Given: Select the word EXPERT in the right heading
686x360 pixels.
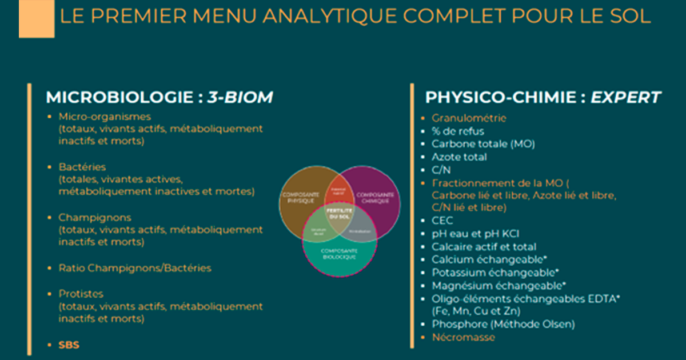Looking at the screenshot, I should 626,98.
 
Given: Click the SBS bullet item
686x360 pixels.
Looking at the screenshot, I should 69,345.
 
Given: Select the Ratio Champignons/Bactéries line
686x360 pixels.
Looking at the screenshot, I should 135,267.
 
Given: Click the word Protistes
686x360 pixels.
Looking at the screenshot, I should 81,294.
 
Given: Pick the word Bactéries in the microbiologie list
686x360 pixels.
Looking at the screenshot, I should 82,167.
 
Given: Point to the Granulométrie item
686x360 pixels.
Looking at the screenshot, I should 469,118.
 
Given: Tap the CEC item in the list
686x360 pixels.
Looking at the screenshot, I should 442,221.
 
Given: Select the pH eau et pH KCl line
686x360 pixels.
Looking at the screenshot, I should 476,234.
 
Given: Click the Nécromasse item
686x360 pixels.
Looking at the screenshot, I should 464,337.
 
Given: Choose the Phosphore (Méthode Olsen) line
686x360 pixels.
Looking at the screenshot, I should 503,324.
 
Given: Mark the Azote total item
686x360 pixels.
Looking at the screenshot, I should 460,157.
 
